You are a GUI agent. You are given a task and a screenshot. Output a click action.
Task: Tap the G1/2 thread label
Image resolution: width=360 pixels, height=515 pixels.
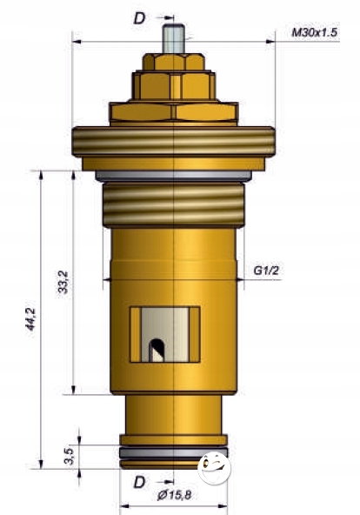click(266, 271)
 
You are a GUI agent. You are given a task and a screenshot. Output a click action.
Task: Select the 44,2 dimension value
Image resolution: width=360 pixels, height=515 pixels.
click(30, 320)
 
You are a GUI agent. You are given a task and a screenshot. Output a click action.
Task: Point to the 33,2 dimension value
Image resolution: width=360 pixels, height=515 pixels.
click(63, 284)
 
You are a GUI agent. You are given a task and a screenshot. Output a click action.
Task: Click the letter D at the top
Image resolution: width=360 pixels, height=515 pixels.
click(139, 17)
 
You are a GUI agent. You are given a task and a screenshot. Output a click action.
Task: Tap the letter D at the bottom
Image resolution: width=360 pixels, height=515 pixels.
click(138, 481)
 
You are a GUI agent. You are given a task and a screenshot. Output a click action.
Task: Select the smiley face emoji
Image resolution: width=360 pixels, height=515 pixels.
click(213, 468)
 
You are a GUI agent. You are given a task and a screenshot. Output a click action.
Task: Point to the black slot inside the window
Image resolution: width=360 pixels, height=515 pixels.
click(157, 350)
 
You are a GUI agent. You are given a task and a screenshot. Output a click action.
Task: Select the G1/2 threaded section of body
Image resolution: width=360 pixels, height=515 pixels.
click(174, 205)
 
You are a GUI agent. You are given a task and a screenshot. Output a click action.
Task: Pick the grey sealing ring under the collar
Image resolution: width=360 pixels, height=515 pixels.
click(174, 177)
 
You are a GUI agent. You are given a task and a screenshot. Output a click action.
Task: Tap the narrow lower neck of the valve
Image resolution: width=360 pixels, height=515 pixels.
click(174, 418)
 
